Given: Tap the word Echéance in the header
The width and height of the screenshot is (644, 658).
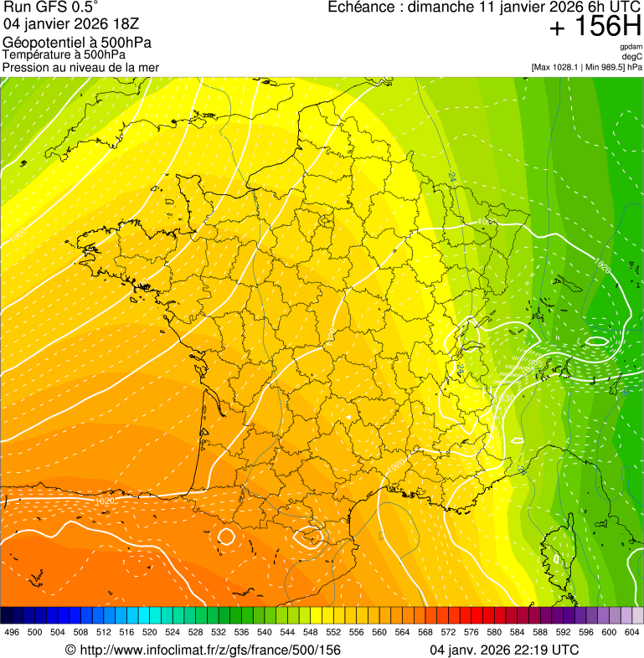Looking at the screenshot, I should click(x=358, y=8).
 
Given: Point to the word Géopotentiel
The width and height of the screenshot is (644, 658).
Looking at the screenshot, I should click(x=41, y=43).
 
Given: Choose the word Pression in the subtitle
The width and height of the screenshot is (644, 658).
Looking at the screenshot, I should click(x=26, y=67).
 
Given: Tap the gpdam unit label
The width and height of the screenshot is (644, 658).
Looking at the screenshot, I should click(x=631, y=47).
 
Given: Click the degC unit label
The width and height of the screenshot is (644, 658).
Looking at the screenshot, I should click(x=632, y=57).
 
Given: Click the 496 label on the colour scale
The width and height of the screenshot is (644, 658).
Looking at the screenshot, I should click(x=12, y=632).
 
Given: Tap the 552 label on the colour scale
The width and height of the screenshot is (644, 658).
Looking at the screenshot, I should click(x=332, y=632).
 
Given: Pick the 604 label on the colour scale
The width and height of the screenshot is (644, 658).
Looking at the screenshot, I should click(x=631, y=632).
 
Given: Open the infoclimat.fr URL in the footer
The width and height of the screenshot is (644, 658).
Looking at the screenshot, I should click(x=209, y=650).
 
